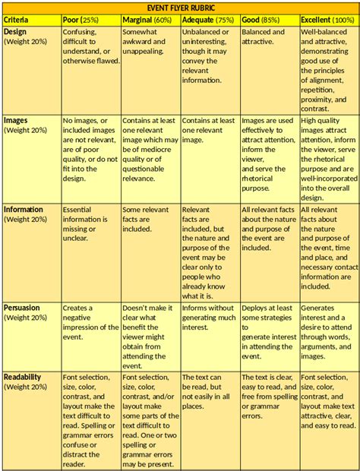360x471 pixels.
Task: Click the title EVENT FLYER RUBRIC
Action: (x=180, y=7)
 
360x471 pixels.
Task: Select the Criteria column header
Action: (x=16, y=18)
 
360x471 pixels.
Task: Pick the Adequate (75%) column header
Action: (x=207, y=18)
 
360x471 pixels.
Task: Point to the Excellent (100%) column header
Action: (x=327, y=18)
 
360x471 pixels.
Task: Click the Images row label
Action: (x=17, y=120)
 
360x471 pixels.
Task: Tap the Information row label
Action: (x=24, y=208)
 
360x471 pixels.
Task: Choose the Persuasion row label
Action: (x=23, y=308)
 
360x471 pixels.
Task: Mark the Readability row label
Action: (x=23, y=377)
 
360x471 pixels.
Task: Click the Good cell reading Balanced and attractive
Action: (x=263, y=37)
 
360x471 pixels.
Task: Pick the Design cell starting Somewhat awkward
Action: (x=143, y=43)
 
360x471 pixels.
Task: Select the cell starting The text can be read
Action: (x=207, y=391)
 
